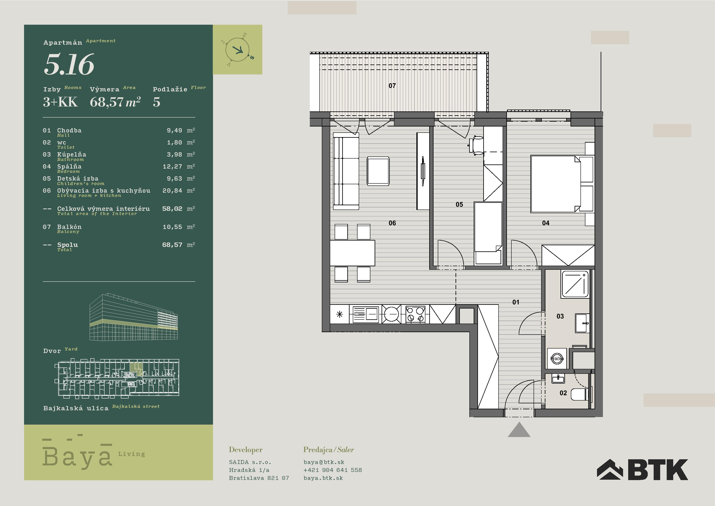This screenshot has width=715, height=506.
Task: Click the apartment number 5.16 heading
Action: [x=69, y=64]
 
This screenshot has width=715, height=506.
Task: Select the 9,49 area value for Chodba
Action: [x=174, y=130]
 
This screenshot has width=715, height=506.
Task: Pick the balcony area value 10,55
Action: [x=172, y=227]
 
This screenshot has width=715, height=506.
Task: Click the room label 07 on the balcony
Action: [x=392, y=85]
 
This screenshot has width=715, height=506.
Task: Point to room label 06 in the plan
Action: [x=392, y=223]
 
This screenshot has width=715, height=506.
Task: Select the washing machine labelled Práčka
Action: [x=557, y=358]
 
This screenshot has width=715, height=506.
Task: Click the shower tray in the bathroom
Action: [x=575, y=284]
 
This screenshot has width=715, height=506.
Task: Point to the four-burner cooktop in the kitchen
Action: [x=415, y=314]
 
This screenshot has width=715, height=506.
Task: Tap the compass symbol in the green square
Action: [x=238, y=50]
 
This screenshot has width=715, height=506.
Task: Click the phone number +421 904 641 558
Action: [x=333, y=470]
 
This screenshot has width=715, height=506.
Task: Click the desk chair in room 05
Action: [x=477, y=145]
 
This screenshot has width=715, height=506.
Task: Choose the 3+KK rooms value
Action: [x=60, y=102]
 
